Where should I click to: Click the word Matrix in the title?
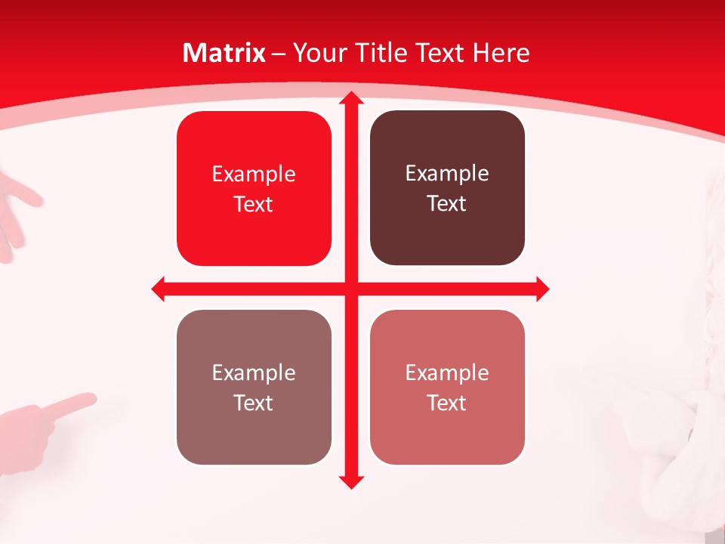point(224,53)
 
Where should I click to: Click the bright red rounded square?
point(254,189)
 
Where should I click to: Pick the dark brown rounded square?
point(447,188)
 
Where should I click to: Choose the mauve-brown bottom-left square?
point(254,387)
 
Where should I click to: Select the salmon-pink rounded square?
point(447,387)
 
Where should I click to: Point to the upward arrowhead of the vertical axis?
point(351,98)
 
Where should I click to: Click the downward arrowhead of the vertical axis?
point(351,481)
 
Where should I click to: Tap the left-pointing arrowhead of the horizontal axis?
point(159,289)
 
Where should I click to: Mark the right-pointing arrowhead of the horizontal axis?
point(542,289)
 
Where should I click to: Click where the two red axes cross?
point(351,289)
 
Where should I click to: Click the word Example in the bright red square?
point(254,175)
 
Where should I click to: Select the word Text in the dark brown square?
point(447,204)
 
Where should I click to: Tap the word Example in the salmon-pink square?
point(447,372)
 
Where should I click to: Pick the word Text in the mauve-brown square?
point(254,403)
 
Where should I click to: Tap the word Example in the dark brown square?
point(447,174)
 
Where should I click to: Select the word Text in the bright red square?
point(254,205)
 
